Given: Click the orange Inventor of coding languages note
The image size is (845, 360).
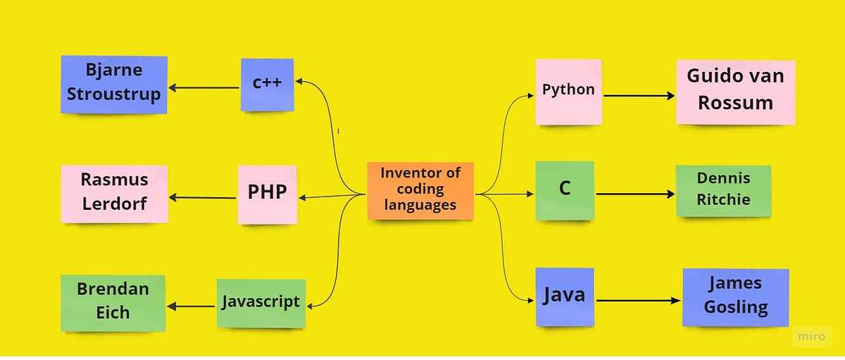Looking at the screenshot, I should [x=420, y=190].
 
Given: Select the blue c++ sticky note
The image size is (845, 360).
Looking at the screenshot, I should [x=267, y=84].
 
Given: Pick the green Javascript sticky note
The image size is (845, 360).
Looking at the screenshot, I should [x=261, y=303].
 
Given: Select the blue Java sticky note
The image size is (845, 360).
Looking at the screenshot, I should [x=564, y=296].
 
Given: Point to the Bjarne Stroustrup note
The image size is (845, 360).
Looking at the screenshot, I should [x=113, y=84].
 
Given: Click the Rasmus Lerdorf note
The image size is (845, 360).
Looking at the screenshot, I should [x=114, y=193].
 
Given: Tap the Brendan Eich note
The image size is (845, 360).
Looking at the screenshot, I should [x=113, y=302].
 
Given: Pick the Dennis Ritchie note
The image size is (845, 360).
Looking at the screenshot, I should [x=723, y=190].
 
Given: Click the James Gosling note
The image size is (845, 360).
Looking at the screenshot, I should [x=735, y=297].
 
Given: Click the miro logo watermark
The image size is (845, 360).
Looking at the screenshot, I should [x=811, y=337].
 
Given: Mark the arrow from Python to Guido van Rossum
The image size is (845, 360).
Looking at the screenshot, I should [x=639, y=96].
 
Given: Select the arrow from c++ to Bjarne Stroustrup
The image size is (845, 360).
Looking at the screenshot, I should [x=204, y=88].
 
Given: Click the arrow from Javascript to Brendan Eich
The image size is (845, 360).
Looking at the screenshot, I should [x=192, y=306].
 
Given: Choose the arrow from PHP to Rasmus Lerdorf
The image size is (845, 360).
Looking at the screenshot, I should [x=202, y=198].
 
